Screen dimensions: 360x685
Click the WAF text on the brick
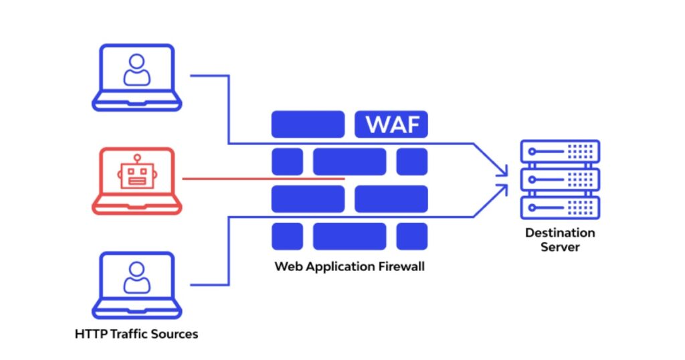click(391, 125)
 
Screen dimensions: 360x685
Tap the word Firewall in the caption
click(401, 266)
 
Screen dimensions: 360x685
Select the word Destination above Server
click(560, 233)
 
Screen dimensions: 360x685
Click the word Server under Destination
click(560, 247)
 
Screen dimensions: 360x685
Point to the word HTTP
click(89, 333)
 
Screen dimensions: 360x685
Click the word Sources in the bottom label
click(175, 333)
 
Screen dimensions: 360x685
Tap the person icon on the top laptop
click(136, 70)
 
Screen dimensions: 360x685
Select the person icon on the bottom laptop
click(136, 278)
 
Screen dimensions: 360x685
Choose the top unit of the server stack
click(560, 151)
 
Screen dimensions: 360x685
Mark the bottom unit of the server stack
click(560, 207)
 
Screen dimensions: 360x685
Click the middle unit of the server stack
click(560, 179)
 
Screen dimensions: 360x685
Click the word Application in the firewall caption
click(334, 266)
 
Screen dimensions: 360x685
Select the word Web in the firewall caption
click(286, 266)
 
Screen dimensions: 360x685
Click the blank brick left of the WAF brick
click(308, 125)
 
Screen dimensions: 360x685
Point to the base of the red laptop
click(136, 208)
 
